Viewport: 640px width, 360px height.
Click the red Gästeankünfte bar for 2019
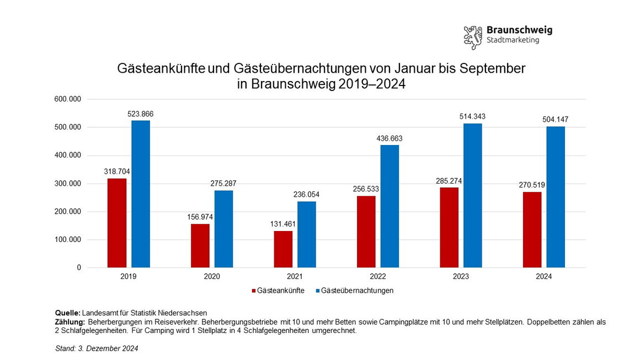point(117,223)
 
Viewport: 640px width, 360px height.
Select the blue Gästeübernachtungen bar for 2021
point(307,234)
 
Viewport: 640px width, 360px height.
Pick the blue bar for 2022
point(390,206)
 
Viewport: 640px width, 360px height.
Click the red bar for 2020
point(200,245)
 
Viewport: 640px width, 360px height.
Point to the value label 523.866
point(140,114)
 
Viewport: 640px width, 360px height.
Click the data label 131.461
point(283,224)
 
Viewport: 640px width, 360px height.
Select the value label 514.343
point(472,117)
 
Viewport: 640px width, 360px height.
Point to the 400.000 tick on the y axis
point(67,155)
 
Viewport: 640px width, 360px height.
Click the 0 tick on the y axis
point(79,267)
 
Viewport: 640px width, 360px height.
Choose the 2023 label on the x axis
point(461,277)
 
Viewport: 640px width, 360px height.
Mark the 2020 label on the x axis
point(212,277)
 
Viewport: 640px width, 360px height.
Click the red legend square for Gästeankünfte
point(254,291)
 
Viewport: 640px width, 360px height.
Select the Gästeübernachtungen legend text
point(357,291)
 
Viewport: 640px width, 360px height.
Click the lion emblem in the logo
point(473,37)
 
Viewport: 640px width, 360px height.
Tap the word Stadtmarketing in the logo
point(513,41)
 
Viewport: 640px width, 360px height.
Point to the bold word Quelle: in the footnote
point(68,313)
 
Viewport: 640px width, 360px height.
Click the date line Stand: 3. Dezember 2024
point(97,348)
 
